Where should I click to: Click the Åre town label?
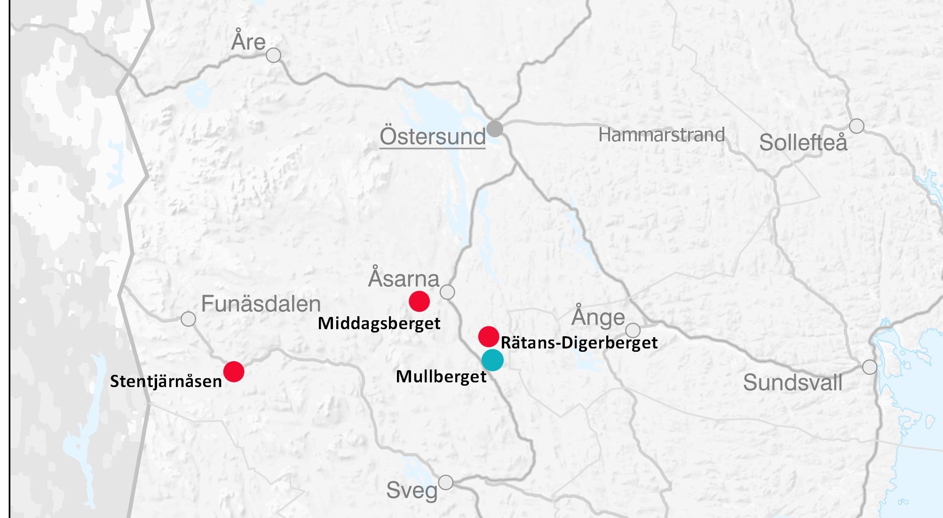point(248,41)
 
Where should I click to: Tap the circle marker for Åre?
point(273,55)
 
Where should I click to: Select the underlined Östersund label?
point(432,137)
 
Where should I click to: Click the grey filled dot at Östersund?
point(494,128)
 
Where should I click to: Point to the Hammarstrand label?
point(661,135)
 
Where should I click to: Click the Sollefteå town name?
point(803,142)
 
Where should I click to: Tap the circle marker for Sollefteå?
point(856,126)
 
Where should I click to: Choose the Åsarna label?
point(404,278)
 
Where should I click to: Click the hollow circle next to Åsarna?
point(447,292)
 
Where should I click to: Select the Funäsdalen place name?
point(261,304)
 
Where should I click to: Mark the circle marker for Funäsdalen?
point(188,319)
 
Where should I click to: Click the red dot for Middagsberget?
point(419,301)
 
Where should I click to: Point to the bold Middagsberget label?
point(379,324)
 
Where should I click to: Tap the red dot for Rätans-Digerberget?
point(488,336)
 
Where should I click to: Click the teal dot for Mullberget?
point(492,360)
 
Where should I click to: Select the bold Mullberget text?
point(441,377)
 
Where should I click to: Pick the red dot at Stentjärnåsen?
point(234,372)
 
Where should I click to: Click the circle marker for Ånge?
point(633,330)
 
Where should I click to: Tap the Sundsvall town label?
point(792,382)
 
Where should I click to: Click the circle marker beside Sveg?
point(445,483)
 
